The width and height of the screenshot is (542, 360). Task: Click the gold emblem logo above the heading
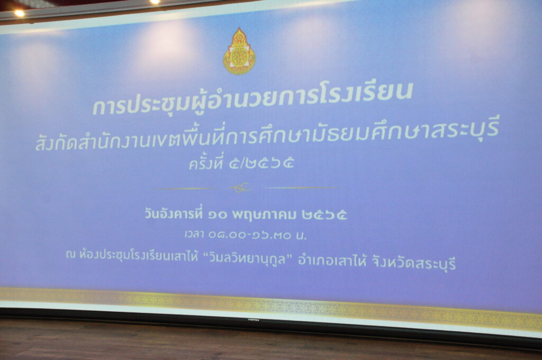239,51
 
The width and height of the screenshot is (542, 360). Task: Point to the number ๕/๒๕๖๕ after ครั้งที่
261,162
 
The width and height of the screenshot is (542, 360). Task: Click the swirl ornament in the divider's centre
241,188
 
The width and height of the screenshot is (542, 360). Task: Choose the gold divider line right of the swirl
302,188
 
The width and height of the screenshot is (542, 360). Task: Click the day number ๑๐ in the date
218,215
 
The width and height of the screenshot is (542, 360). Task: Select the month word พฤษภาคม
264,215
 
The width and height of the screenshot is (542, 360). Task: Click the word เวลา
194,235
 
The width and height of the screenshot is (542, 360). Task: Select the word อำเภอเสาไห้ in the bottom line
332,261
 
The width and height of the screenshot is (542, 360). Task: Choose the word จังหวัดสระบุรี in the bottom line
414,263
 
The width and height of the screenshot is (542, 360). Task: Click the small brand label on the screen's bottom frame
254,320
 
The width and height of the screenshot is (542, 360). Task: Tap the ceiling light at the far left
20,13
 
